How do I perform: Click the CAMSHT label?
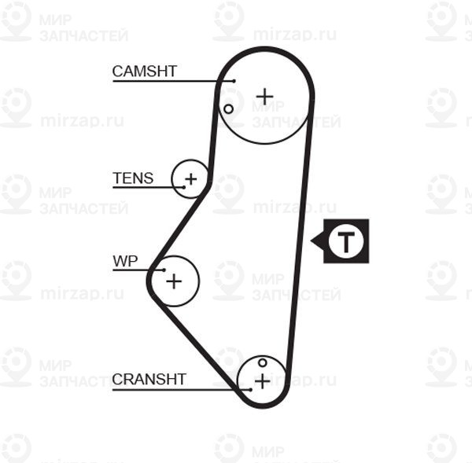144,72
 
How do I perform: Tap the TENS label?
133,178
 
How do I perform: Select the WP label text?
125,261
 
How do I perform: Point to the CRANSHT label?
149,379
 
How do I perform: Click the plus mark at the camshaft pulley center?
264,97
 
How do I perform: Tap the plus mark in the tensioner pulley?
191,179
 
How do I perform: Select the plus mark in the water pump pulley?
174,281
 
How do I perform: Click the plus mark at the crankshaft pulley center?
263,381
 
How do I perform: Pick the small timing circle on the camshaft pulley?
228,109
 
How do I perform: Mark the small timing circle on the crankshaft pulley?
263,362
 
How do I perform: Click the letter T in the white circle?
346,241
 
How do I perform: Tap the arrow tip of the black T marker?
312,241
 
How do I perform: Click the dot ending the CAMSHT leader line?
234,81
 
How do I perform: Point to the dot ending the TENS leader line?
184,187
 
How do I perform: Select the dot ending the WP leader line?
164,270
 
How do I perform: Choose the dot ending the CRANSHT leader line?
250,390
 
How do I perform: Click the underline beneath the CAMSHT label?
173,81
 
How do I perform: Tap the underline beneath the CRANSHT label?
182,390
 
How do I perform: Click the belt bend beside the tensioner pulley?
208,183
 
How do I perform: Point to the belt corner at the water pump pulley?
149,280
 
